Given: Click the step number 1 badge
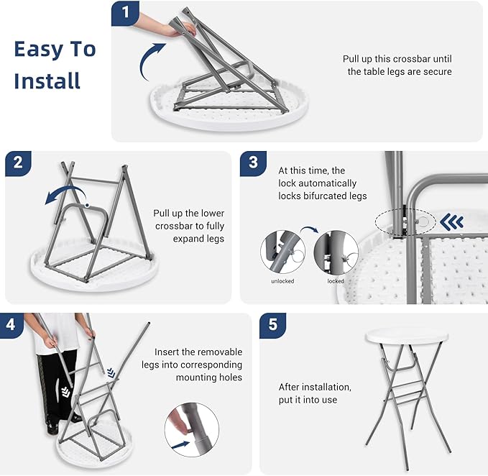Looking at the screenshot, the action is tap(125, 13).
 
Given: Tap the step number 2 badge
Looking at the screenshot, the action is tap(18, 163).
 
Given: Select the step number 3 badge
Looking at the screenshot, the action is tap(253, 163).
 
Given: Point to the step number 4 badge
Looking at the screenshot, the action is tap(11, 325).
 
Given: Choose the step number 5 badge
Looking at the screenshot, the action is tap(272, 325).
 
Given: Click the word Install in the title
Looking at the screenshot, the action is tap(47, 81).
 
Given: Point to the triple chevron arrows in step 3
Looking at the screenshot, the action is tap(451, 222).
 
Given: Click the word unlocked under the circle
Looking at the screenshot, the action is tap(282, 281).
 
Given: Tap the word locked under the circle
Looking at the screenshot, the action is tap(336, 281).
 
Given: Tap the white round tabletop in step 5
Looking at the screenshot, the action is tap(407, 336).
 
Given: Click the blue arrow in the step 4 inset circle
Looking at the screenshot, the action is tap(181, 444).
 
